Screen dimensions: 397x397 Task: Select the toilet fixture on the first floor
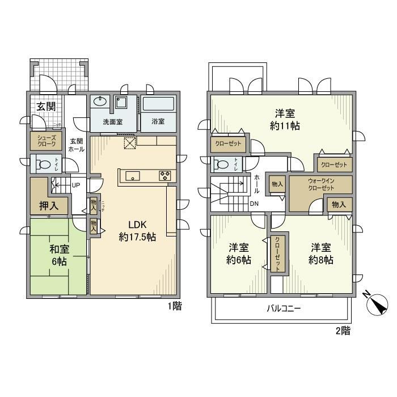click(x=44, y=165)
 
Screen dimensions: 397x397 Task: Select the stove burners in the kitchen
click(x=166, y=175)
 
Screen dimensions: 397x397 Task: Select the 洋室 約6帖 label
click(x=239, y=254)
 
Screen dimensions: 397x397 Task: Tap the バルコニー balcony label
click(x=284, y=309)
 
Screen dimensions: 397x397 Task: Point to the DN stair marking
click(x=255, y=204)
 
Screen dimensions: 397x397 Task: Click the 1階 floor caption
click(x=175, y=306)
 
